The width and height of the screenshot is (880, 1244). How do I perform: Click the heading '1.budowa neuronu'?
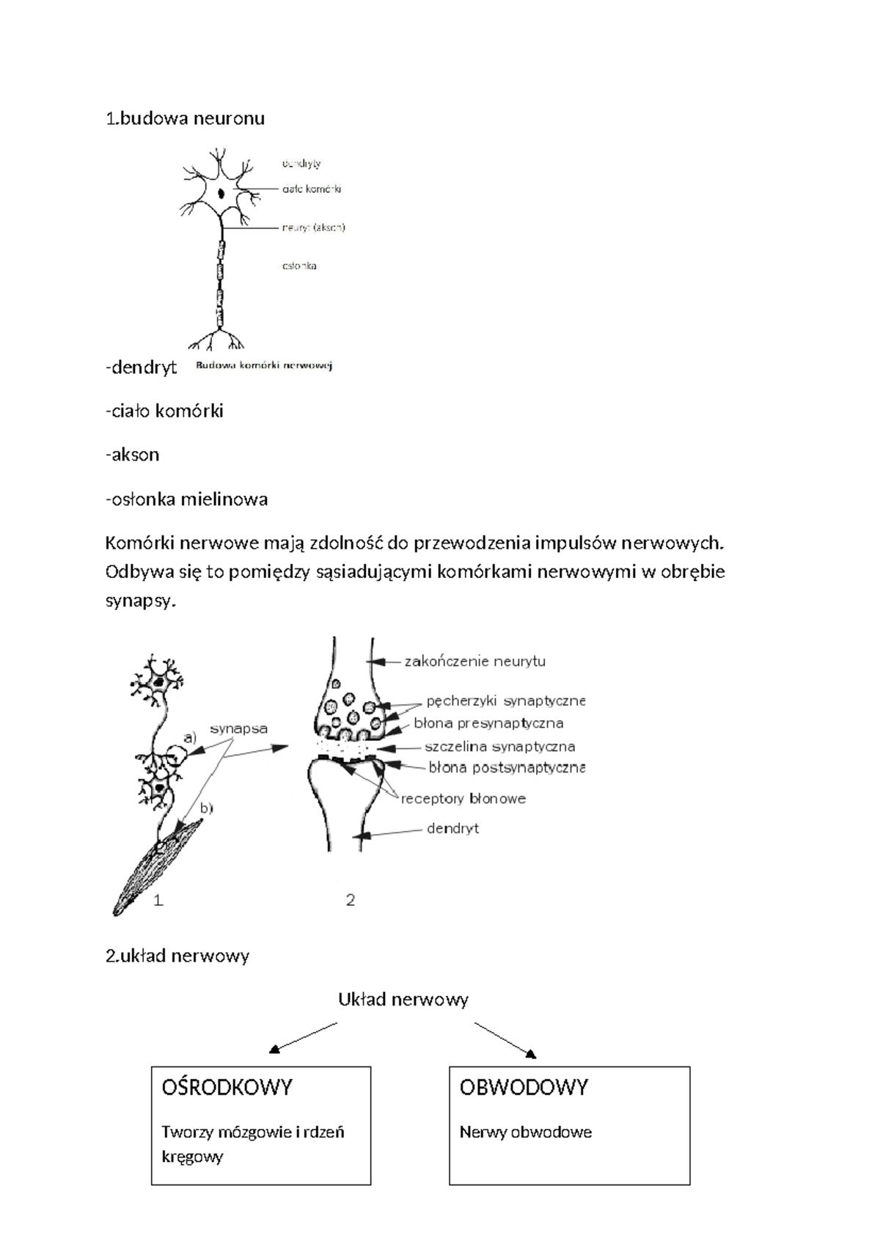(x=185, y=118)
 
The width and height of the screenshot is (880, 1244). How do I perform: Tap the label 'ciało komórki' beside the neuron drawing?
(x=312, y=189)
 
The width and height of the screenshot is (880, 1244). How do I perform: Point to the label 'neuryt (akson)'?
(x=313, y=227)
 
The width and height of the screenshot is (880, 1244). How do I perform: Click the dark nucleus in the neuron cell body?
(x=221, y=194)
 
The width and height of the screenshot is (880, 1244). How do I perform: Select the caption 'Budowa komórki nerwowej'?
(x=264, y=365)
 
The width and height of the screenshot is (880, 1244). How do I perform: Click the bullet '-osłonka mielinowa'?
(x=186, y=500)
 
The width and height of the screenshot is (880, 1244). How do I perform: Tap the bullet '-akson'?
(x=132, y=455)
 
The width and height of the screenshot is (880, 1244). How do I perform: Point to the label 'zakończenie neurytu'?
(x=474, y=661)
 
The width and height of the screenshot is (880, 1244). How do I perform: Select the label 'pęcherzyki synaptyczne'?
(x=505, y=700)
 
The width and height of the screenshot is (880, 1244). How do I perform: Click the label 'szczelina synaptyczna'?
(x=499, y=747)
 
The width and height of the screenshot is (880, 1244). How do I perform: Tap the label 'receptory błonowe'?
(x=463, y=799)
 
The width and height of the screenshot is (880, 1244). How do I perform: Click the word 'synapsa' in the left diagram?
(x=238, y=728)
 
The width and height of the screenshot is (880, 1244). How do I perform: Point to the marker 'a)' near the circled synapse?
(x=190, y=737)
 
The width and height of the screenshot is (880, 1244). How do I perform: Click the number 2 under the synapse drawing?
(x=351, y=900)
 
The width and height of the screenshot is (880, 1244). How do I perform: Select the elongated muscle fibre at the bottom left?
(x=155, y=869)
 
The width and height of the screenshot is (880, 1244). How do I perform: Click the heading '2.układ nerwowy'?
(x=177, y=956)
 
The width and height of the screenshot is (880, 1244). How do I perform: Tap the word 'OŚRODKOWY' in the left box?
(x=227, y=1087)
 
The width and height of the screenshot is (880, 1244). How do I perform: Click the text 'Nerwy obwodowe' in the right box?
(x=525, y=1132)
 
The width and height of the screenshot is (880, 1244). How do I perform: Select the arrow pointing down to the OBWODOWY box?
(x=506, y=1040)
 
